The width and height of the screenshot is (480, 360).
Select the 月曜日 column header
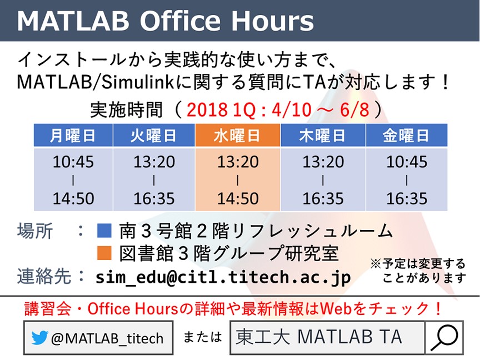[x=73, y=136]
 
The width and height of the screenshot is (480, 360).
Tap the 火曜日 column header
[x=154, y=136]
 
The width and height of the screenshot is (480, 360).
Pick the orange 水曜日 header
[x=238, y=136]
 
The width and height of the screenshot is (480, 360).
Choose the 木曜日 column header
[x=323, y=136]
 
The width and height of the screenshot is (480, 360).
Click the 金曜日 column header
[x=407, y=136]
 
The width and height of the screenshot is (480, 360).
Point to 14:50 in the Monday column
[x=73, y=198]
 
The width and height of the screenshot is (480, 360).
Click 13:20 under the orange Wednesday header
[x=238, y=162]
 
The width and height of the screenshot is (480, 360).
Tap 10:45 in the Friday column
[x=407, y=162]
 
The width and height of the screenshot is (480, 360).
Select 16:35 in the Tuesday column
[x=154, y=198]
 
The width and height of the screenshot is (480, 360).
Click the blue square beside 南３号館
[x=104, y=231]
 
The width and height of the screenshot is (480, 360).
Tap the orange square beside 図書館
[x=104, y=253]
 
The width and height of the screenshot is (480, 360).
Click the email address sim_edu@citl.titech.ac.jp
[x=223, y=277]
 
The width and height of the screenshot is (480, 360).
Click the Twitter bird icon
[x=40, y=338]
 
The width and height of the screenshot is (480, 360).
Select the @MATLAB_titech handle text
[x=107, y=338]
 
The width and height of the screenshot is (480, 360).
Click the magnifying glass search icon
[x=444, y=337]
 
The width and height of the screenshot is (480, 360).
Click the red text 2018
[x=207, y=109]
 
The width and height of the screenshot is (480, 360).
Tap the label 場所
[x=35, y=231]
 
